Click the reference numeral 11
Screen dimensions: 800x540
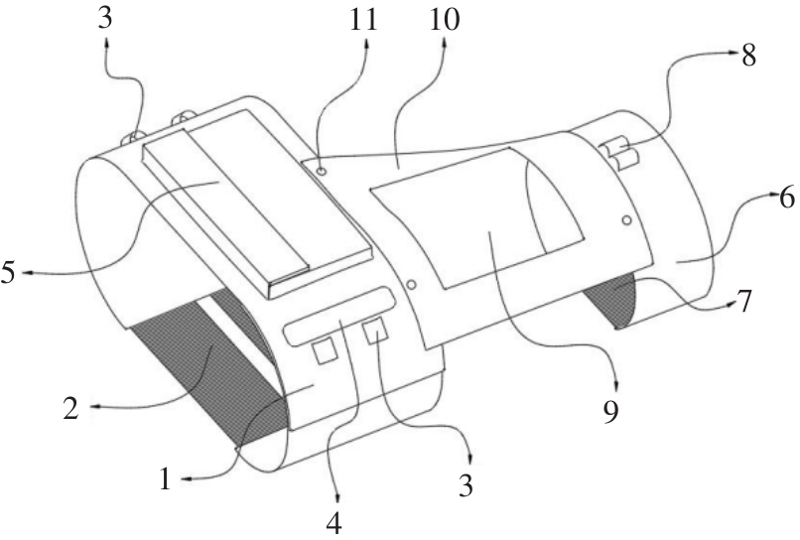[363, 21]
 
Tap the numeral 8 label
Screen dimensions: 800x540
[748, 56]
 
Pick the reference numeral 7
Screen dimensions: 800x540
[745, 302]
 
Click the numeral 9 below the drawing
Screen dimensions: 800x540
[610, 411]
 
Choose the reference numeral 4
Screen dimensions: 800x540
[333, 522]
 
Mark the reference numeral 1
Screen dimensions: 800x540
[165, 479]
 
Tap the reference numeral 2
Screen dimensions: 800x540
[71, 408]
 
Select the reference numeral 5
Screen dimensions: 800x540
[9, 273]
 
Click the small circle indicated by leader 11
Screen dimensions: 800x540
[322, 172]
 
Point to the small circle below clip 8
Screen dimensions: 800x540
[627, 220]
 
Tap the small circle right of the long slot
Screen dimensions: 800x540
[412, 283]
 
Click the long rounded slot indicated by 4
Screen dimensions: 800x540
[339, 316]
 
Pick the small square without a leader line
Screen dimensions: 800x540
[325, 351]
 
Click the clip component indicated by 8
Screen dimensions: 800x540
[619, 154]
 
